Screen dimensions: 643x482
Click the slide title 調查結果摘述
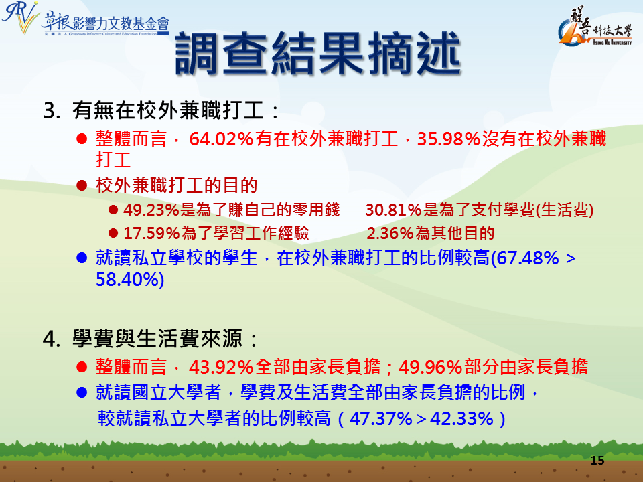point(318,54)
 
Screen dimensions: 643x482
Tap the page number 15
point(597,461)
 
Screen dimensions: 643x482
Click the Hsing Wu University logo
point(595,26)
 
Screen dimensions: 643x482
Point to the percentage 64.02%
point(221,139)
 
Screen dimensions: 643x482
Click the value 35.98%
point(449,139)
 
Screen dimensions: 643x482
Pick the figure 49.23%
point(151,210)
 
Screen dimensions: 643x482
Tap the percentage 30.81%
point(394,210)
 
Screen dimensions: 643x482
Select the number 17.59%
point(151,233)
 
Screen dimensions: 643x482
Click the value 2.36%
point(390,233)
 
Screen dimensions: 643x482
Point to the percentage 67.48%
point(527,258)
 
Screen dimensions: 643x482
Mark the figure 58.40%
point(127,280)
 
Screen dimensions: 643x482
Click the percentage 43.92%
point(220,367)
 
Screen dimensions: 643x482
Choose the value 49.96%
point(431,367)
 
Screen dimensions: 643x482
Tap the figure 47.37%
point(381,419)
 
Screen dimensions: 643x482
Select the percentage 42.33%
point(461,419)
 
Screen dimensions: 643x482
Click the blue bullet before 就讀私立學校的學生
point(82,258)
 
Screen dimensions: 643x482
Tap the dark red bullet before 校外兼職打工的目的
point(82,185)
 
